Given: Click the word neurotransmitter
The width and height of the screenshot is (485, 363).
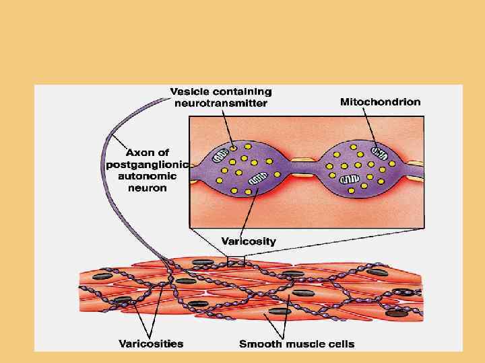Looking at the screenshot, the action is click(x=221, y=104).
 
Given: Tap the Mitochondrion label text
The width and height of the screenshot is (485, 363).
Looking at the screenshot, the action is click(x=380, y=102).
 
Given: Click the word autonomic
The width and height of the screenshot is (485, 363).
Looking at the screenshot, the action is click(x=147, y=176).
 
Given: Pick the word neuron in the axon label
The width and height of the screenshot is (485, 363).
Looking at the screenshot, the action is click(x=147, y=188).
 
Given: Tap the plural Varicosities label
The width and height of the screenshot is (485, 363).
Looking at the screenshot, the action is click(x=151, y=344).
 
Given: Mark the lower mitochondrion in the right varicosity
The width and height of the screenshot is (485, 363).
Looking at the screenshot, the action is click(x=349, y=180).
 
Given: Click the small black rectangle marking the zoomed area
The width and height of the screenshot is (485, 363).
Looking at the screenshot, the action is click(x=236, y=262).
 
